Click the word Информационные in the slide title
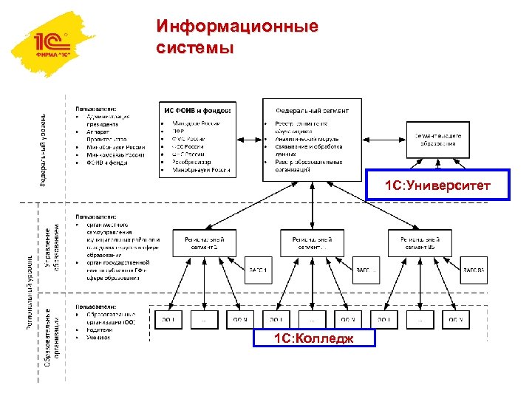coord(237,27)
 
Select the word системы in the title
coord(195,48)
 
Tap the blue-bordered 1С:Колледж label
coord(313,338)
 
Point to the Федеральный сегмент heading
coord(313,110)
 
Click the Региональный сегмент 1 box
coord(205,243)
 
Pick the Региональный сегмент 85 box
coord(420,243)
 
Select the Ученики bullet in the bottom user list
coord(98,338)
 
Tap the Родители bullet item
coord(100,330)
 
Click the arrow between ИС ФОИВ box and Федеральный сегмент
coord(249,138)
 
